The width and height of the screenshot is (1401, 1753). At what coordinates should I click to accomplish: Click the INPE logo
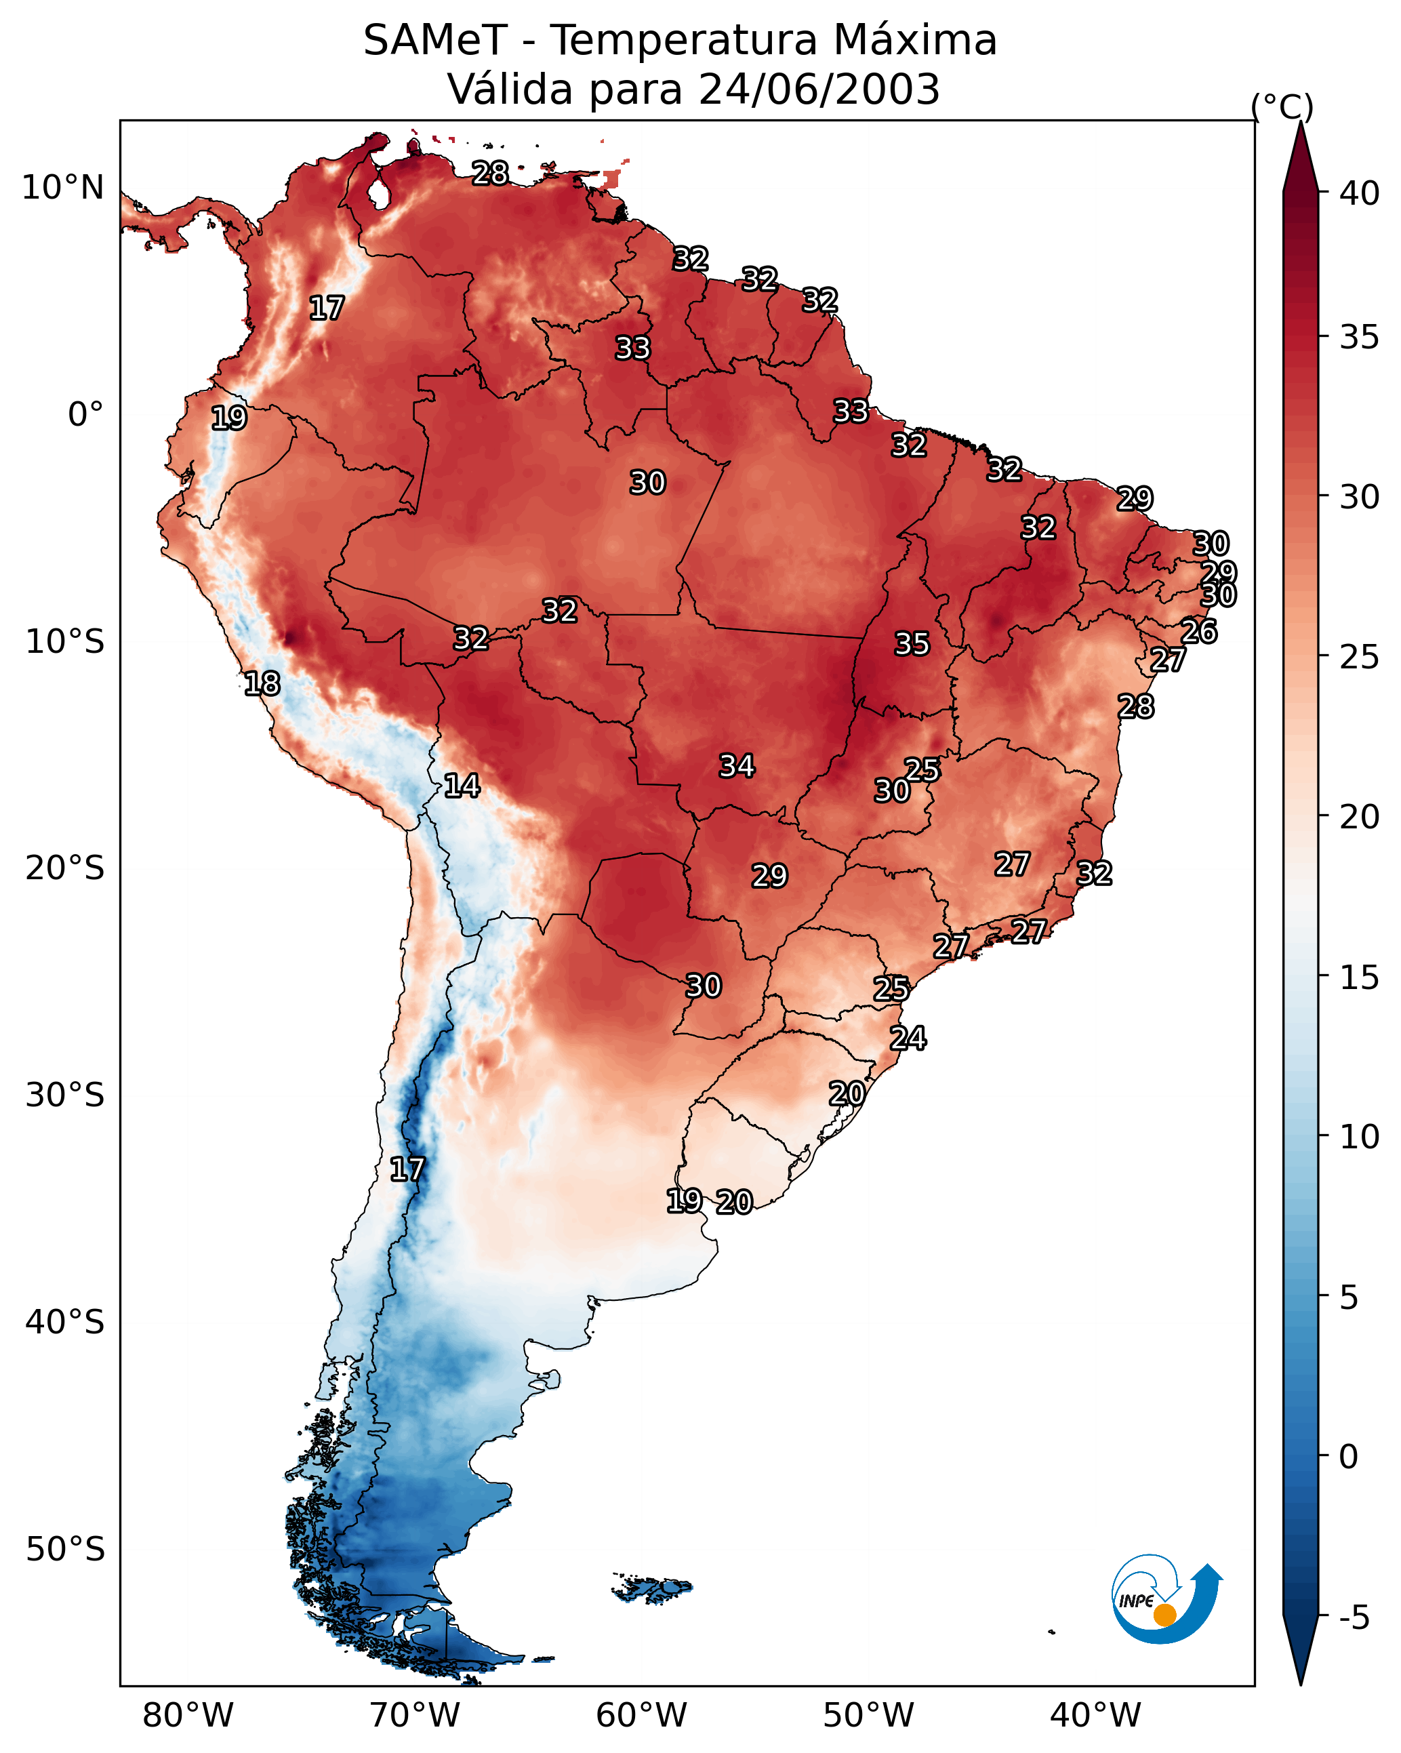click(x=1167, y=1603)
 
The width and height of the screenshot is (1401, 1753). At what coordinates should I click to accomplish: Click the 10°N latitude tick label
click(x=62, y=188)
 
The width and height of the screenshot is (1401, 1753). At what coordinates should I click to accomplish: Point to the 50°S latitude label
click(x=65, y=1550)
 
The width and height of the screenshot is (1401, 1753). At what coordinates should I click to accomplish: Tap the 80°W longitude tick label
click(x=188, y=1716)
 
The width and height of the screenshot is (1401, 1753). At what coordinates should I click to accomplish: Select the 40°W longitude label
click(x=1095, y=1716)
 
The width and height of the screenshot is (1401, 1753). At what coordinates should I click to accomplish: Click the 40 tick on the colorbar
click(x=1360, y=193)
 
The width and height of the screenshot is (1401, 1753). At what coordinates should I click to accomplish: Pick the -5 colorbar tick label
click(x=1355, y=1618)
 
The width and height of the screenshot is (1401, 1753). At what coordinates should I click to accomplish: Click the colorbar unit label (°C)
click(x=1282, y=106)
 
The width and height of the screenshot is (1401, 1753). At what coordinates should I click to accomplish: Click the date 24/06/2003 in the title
click(x=819, y=89)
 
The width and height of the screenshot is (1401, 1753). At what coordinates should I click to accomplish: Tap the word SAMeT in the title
click(x=435, y=40)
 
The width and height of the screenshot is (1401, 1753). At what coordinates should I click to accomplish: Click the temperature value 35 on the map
click(x=912, y=644)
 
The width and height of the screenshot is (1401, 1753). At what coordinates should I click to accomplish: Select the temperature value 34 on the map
click(x=737, y=766)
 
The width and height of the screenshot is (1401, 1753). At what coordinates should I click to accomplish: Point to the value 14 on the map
click(x=462, y=786)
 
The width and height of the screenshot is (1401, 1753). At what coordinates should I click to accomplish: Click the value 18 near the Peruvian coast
click(x=262, y=684)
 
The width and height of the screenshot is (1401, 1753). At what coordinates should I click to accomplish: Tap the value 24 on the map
click(x=908, y=1039)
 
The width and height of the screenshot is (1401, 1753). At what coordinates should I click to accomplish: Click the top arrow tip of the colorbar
click(x=1301, y=121)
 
